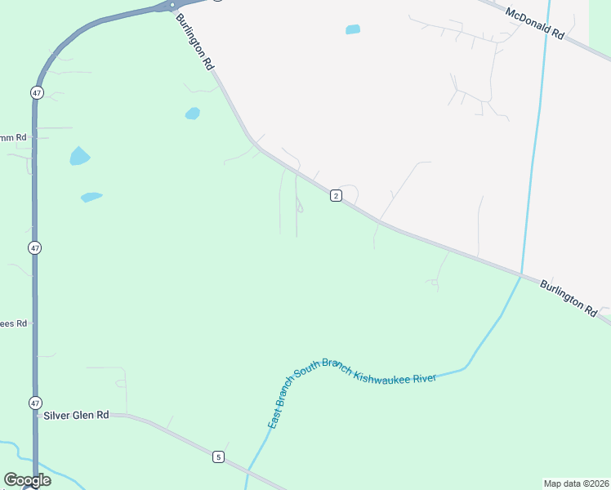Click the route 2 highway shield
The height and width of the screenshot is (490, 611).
click(335, 195)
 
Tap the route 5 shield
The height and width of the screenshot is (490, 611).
click(218, 457)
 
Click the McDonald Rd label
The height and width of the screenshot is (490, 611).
click(535, 24)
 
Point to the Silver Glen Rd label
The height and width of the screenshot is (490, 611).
click(76, 415)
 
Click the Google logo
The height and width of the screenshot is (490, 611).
click(27, 480)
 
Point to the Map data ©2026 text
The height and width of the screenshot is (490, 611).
click(575, 483)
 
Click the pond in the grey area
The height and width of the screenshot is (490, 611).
click(353, 29)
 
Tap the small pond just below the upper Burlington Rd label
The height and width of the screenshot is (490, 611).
click(193, 114)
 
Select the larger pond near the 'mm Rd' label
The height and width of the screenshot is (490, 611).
click(79, 155)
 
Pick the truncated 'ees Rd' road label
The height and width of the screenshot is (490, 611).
click(14, 323)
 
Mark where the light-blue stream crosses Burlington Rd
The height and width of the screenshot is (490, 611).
click(521, 276)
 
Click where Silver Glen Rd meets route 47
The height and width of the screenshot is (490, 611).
click(36, 415)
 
